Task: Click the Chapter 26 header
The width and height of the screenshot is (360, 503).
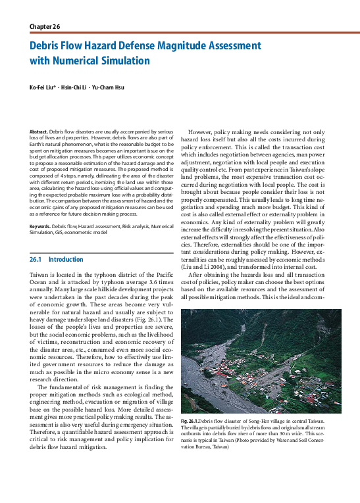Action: tap(45, 26)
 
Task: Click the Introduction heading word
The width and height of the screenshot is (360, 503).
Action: tap(66, 260)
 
